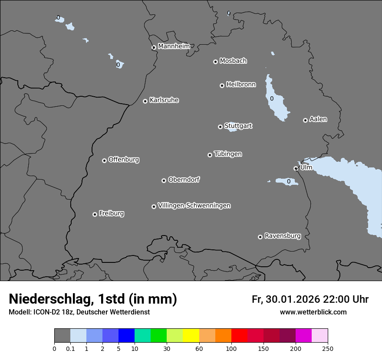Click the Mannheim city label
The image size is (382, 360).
[x=174, y=46]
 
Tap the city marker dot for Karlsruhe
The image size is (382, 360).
[x=145, y=101]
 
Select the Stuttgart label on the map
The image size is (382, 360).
[x=238, y=126]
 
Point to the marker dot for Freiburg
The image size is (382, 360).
[x=95, y=214]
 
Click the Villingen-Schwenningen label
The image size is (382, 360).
[x=194, y=206]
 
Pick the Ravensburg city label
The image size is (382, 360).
[x=283, y=236]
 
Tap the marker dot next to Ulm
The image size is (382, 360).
[x=296, y=168]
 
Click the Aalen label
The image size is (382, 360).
[x=318, y=119]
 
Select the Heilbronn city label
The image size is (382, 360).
[x=241, y=84]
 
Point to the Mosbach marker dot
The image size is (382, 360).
[x=215, y=62]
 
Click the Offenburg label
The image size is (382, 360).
[x=124, y=159]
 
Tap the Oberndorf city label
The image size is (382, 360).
[x=184, y=180]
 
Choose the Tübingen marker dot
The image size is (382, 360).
[x=210, y=155]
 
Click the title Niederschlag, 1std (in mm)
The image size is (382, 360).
[x=93, y=299]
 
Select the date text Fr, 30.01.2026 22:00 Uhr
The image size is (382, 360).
[x=310, y=299]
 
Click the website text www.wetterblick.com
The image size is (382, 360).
[x=313, y=312]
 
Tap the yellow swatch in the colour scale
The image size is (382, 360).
[x=191, y=336]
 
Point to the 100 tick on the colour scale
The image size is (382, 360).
[x=231, y=348]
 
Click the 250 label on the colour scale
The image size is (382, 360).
[x=327, y=348]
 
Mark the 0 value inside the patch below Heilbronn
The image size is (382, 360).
[x=272, y=98]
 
